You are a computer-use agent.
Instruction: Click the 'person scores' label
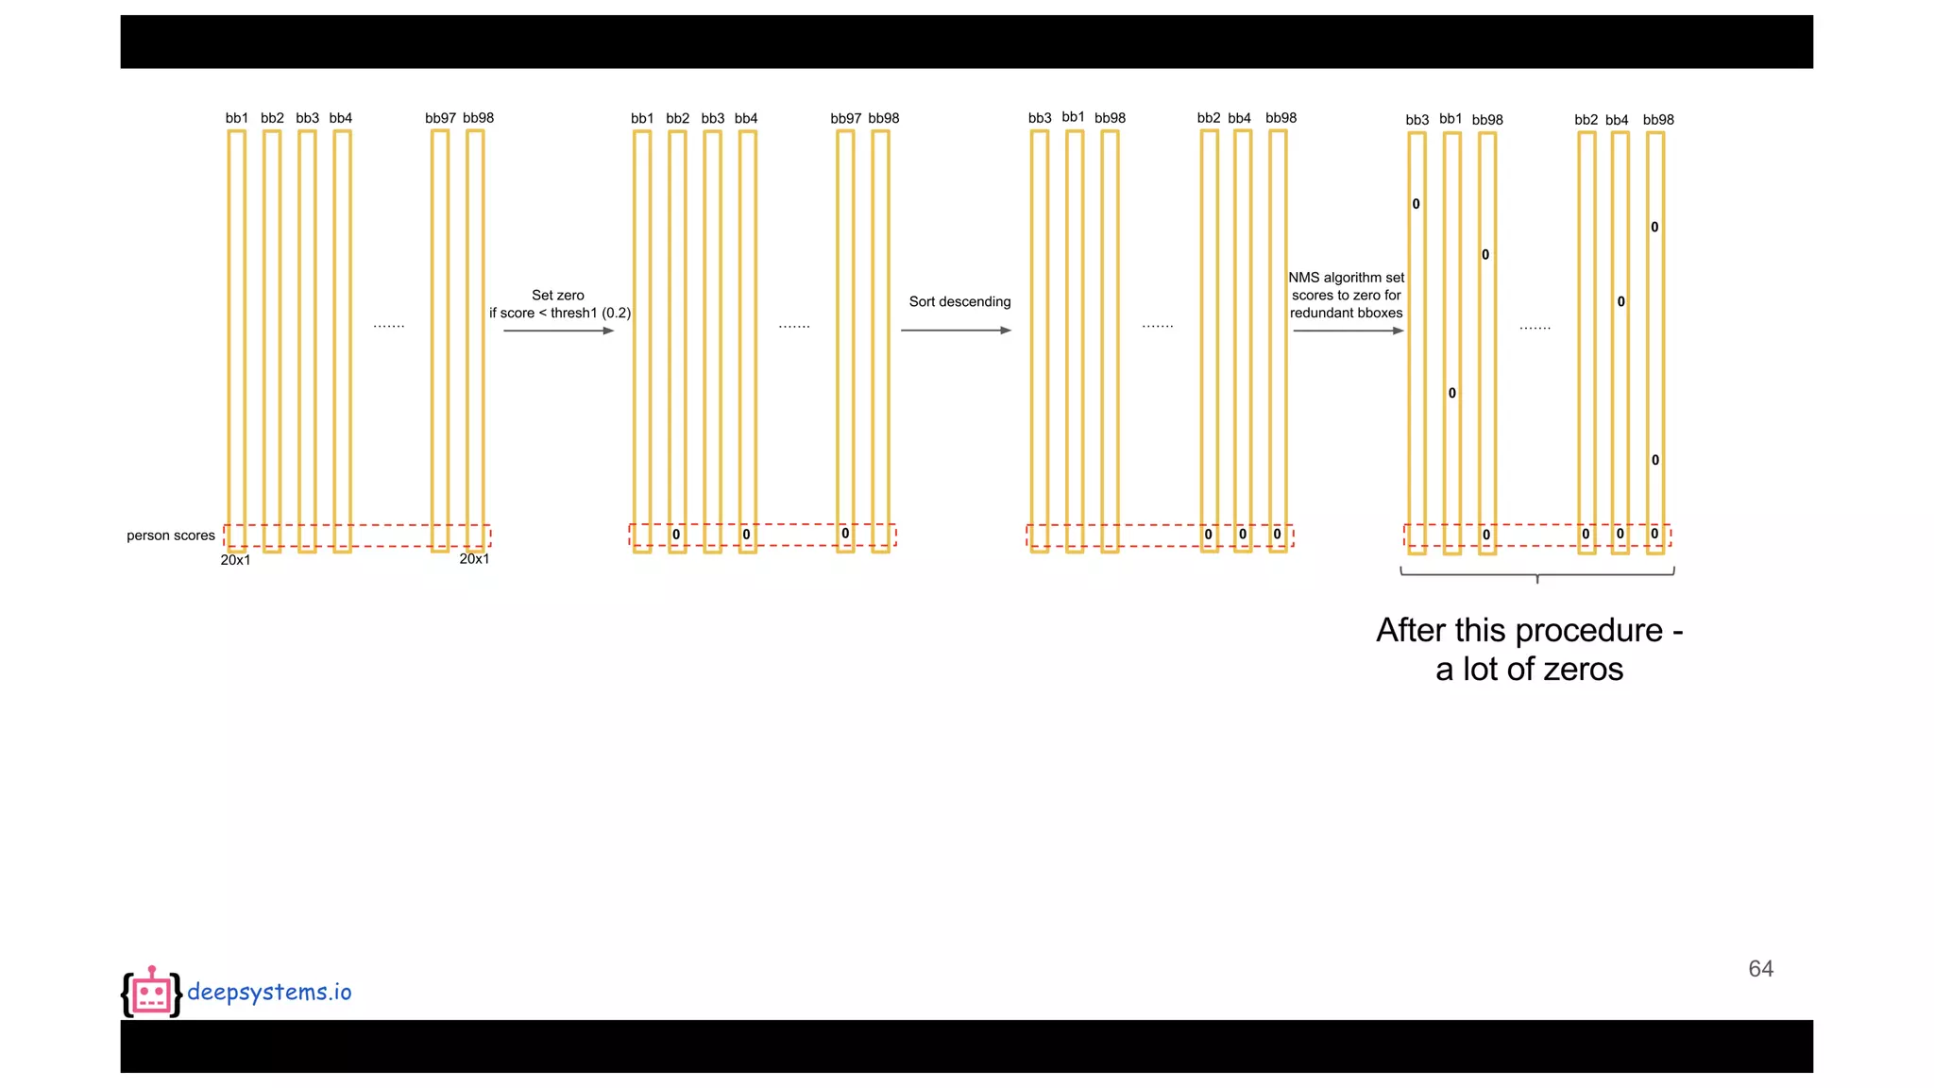[171, 535]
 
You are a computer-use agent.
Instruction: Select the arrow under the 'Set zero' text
[558, 331]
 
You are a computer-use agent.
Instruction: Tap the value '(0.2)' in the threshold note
[616, 313]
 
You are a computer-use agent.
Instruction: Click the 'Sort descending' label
[959, 301]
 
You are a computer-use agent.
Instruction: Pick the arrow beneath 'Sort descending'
[956, 331]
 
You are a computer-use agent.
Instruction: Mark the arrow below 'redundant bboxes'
[1348, 331]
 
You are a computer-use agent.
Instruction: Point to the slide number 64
[1760, 969]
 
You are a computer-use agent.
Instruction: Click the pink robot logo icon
[151, 993]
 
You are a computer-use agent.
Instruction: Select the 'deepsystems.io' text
[269, 992]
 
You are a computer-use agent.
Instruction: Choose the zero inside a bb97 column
[845, 534]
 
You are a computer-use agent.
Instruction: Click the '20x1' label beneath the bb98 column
[474, 559]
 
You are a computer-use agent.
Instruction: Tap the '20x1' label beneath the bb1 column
[235, 560]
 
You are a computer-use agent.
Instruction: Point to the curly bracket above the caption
[1537, 572]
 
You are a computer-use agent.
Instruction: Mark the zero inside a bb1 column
[1452, 393]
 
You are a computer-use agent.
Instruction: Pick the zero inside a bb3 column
[1416, 204]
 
